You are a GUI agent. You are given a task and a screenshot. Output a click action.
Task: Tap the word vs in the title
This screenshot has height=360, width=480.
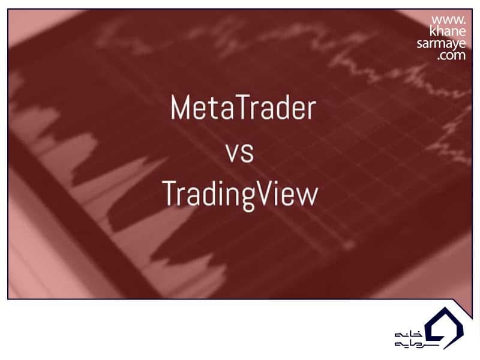pos(240,153)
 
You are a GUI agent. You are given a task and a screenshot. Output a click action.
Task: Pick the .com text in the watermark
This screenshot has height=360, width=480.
pos(451,55)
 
